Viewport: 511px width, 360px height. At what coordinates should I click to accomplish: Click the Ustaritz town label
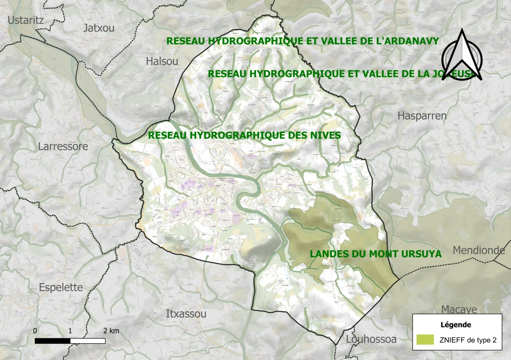[x=26, y=20]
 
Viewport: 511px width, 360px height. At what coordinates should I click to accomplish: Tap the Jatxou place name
[x=99, y=28]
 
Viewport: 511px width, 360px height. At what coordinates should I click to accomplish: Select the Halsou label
[x=162, y=61]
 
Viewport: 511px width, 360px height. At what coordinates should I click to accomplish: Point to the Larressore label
[x=63, y=146]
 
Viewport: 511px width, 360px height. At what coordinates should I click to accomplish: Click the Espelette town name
[x=61, y=287]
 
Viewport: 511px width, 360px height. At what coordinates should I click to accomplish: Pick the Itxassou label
[x=186, y=314]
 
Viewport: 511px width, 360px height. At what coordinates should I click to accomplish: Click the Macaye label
[x=459, y=310]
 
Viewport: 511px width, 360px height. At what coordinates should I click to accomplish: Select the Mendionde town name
[x=479, y=250]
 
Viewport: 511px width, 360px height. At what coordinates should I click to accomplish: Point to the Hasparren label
[x=422, y=116]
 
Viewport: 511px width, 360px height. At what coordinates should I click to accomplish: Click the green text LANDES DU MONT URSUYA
[x=376, y=254]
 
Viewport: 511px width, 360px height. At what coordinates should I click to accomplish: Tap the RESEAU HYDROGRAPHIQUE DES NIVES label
[x=244, y=135]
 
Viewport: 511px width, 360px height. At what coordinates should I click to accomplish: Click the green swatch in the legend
[x=425, y=340]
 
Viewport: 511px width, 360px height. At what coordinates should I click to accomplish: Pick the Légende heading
[x=456, y=325]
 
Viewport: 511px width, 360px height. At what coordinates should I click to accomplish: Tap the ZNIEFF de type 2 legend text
[x=468, y=340]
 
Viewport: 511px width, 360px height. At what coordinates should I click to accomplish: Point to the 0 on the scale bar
[x=35, y=331]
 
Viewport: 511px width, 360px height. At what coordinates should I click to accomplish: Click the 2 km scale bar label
[x=111, y=331]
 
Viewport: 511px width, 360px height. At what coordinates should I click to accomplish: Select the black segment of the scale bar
[x=53, y=341]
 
